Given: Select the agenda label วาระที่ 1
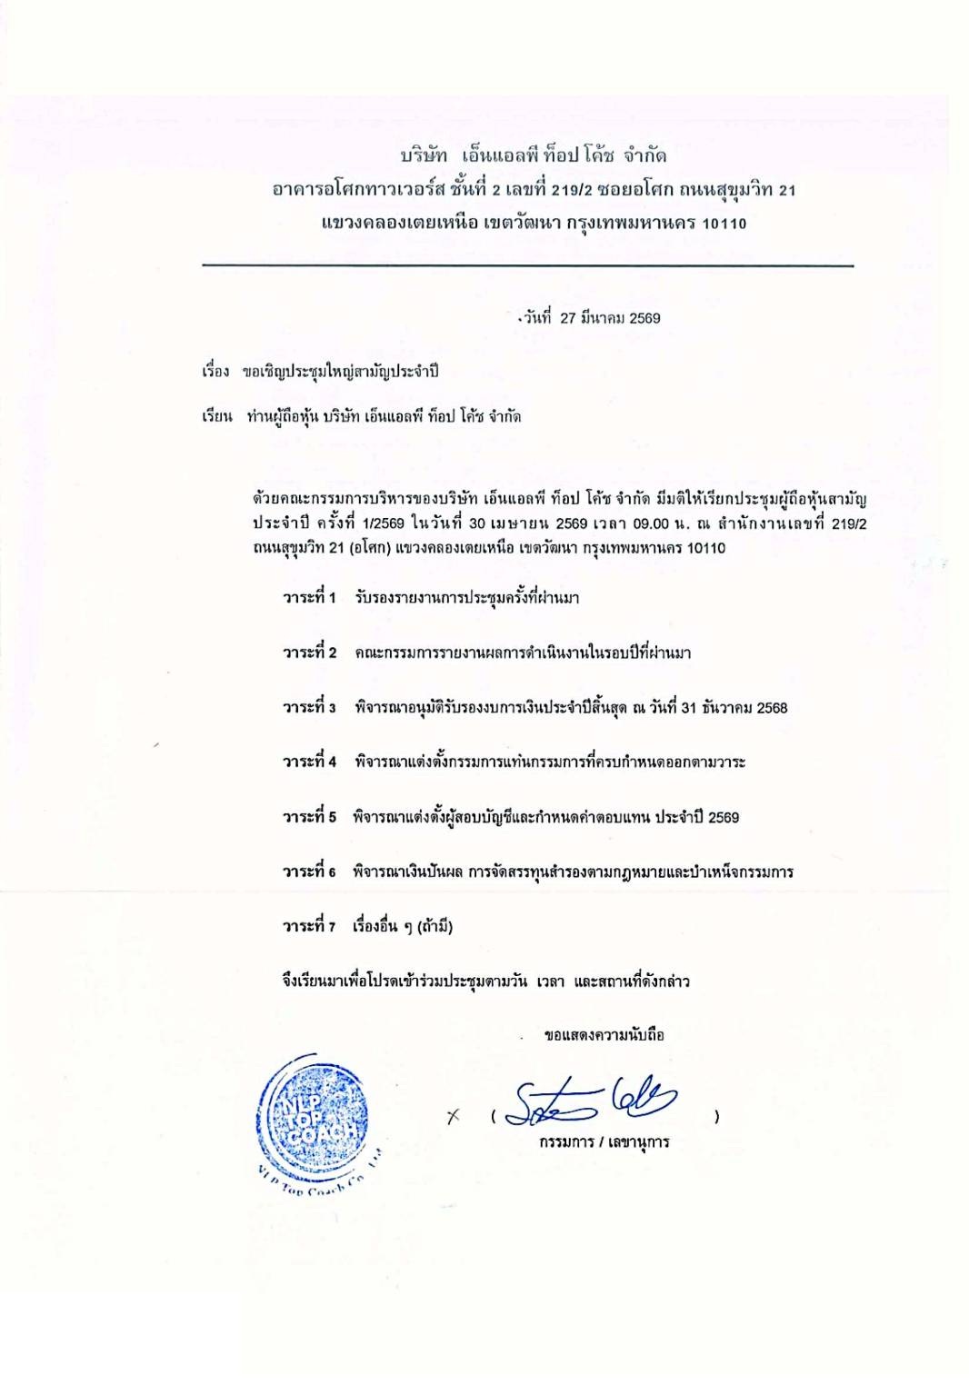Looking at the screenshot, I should click(x=309, y=597).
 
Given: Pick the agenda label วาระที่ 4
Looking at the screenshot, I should click(x=309, y=762).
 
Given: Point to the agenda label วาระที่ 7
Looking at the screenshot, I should click(x=309, y=926).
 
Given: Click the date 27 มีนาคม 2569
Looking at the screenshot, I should click(x=610, y=318).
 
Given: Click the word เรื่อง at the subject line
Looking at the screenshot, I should click(x=215, y=372).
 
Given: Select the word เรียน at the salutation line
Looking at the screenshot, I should click(x=217, y=417).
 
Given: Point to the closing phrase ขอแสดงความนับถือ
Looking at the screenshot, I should click(x=604, y=1035).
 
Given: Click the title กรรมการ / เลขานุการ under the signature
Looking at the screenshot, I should click(x=604, y=1142).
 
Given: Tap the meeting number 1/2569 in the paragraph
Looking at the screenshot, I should click(x=383, y=523).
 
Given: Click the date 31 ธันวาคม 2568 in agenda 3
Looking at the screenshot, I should click(x=734, y=708).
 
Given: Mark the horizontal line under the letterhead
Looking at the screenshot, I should click(x=527, y=265).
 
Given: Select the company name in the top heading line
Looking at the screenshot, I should click(x=534, y=155).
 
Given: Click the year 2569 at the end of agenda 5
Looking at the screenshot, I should click(x=723, y=817).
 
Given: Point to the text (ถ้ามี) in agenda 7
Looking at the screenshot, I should click(x=435, y=927).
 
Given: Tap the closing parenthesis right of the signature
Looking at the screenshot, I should click(x=717, y=1117).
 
